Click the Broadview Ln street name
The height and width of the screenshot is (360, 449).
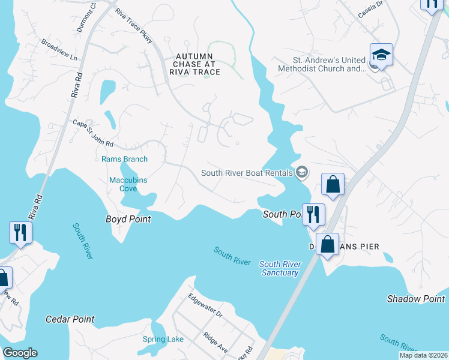(x=59, y=50)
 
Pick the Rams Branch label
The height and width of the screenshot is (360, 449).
(x=124, y=159)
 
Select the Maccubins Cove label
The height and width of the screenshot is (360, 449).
(x=128, y=184)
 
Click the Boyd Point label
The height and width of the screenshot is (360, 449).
(x=128, y=219)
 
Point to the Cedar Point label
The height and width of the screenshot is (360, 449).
(x=70, y=319)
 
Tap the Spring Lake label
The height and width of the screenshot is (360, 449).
(x=163, y=339)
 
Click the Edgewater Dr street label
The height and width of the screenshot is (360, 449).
(x=205, y=305)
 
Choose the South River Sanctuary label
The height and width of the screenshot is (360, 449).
(x=280, y=268)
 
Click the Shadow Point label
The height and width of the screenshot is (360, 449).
(x=416, y=299)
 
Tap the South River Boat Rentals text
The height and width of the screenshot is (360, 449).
(x=247, y=173)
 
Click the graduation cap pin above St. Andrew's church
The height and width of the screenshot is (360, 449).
(x=381, y=55)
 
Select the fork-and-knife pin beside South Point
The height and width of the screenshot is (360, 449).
(x=313, y=215)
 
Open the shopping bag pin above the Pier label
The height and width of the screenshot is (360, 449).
(x=327, y=244)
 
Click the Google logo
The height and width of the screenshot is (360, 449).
(x=20, y=353)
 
